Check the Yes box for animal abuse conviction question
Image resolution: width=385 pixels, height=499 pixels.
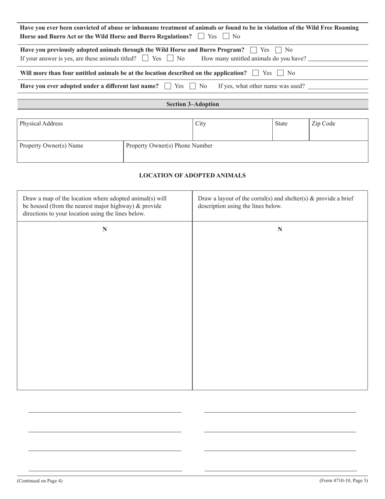(201, 36)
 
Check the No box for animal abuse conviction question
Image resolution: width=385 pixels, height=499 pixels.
(226, 36)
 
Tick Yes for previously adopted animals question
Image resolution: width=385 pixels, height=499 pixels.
(254, 50)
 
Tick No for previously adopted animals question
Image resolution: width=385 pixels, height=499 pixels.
(278, 50)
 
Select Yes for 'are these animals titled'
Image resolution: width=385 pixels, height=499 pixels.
(145, 58)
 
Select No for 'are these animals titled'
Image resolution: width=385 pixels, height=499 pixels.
(170, 58)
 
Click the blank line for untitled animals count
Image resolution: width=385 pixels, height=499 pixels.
(338, 59)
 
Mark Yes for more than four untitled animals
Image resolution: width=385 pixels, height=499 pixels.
(255, 73)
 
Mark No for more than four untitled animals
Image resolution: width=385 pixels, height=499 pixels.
(280, 73)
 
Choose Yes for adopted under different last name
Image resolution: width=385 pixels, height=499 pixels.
(168, 86)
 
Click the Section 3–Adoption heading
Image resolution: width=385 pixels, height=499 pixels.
(192, 104)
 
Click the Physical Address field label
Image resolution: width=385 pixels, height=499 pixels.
(41, 124)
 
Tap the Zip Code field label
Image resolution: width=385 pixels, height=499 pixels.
(323, 124)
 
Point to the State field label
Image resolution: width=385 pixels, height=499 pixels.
(281, 124)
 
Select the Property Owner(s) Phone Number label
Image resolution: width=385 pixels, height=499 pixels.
(169, 146)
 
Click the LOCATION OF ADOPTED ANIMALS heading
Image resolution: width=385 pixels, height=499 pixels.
(192, 176)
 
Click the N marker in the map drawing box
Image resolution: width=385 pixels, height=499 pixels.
(105, 230)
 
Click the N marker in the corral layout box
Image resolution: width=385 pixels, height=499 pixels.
(280, 230)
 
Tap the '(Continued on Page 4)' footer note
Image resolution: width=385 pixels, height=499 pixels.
(40, 481)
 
